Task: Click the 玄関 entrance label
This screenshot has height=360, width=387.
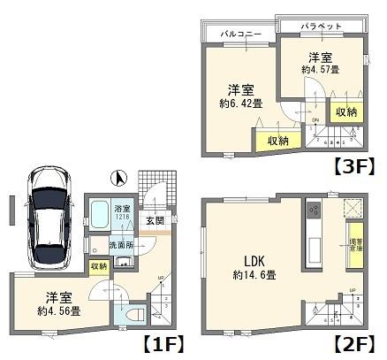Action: pos(153,220)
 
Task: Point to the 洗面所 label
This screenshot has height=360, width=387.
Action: pos(120,244)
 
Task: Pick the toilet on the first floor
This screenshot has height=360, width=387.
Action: pos(133,314)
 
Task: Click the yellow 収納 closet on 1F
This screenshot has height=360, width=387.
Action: pos(98,265)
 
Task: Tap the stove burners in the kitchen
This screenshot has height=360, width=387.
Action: pos(312,212)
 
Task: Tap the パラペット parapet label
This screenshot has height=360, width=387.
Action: pos(320,27)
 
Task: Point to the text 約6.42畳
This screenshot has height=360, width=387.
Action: pos(235,103)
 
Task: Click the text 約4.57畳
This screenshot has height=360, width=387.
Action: pos(321,70)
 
